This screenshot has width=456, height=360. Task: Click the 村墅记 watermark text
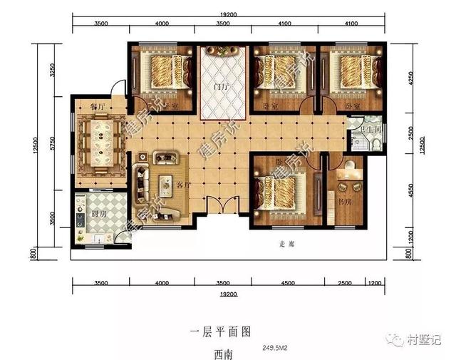[x=427, y=340]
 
